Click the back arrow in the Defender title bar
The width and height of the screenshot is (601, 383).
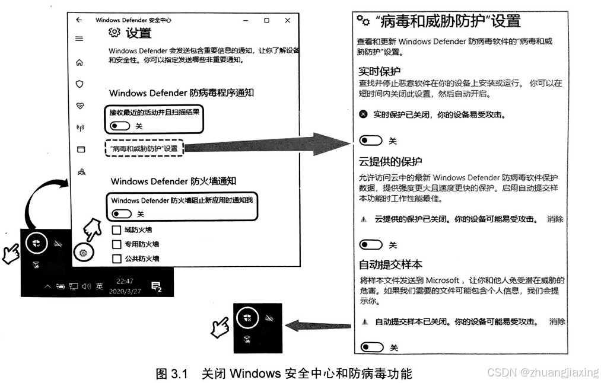(x=79, y=20)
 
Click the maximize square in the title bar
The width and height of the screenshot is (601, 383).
(x=267, y=20)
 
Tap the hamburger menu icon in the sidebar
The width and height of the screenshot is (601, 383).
(x=80, y=39)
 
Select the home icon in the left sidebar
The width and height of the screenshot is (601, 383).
(x=80, y=62)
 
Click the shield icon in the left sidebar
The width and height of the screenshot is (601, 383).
(x=80, y=84)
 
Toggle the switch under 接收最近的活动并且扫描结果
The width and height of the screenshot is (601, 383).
(x=120, y=126)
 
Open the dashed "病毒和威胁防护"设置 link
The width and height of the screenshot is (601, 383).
(x=144, y=148)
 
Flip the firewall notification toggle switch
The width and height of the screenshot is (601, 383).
(x=122, y=213)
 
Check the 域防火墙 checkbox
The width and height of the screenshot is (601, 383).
(x=116, y=230)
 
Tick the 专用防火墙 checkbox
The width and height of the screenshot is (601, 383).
(x=116, y=244)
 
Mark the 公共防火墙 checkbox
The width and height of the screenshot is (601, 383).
(x=116, y=258)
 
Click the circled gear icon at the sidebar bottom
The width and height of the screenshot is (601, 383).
(x=84, y=253)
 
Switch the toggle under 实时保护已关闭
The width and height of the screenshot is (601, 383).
(x=371, y=141)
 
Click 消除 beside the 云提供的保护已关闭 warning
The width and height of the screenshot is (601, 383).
(x=555, y=219)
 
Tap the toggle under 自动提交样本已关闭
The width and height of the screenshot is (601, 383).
(x=372, y=347)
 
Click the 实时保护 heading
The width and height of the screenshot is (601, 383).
(x=380, y=71)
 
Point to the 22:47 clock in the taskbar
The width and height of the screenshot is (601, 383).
(x=125, y=281)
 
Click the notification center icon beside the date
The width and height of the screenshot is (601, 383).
(x=157, y=286)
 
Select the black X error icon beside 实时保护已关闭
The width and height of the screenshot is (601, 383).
(x=363, y=114)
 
